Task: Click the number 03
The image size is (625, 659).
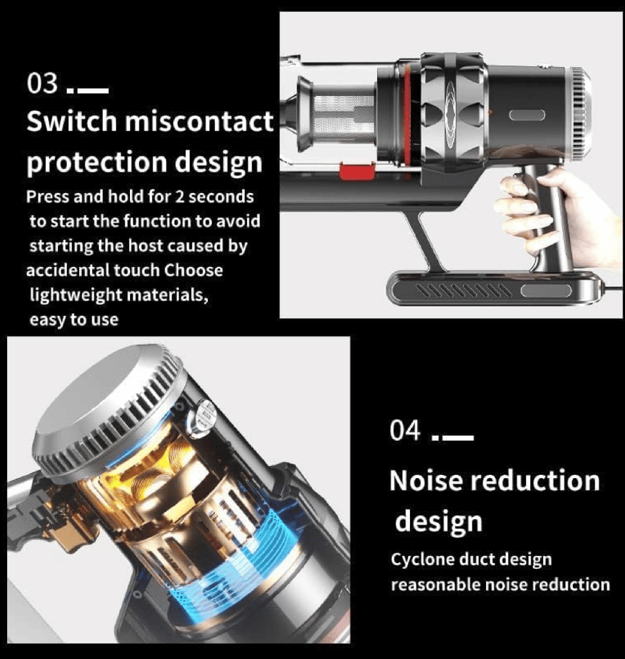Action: pos(42,83)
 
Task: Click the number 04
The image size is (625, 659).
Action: pos(405,430)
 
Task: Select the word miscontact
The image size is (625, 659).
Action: pos(199,121)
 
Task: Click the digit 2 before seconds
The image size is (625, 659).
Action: pos(180,197)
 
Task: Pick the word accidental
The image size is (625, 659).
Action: pos(68,270)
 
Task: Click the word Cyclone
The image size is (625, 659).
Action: pos(422,561)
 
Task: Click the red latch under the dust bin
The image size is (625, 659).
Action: pos(357,171)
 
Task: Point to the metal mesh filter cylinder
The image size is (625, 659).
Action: pos(344,119)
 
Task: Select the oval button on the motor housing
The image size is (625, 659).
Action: pos(527,115)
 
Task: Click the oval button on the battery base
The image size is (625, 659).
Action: pos(546,291)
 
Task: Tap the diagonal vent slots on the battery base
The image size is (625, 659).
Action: pos(464,291)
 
